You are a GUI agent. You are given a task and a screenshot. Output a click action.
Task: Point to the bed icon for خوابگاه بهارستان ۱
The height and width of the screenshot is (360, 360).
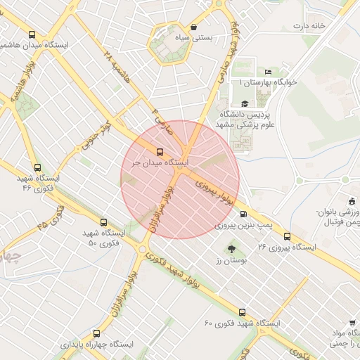click(268, 72)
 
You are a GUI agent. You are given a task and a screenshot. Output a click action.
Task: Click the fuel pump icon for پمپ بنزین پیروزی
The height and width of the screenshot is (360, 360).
click(243, 214)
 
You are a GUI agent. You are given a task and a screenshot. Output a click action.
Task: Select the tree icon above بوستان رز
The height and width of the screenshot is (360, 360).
click(231, 248)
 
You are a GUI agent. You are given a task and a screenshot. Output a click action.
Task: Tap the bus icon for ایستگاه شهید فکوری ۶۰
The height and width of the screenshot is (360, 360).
click(243, 311)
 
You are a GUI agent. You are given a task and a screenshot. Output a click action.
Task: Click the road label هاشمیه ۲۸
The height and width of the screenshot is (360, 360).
click(116, 63)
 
